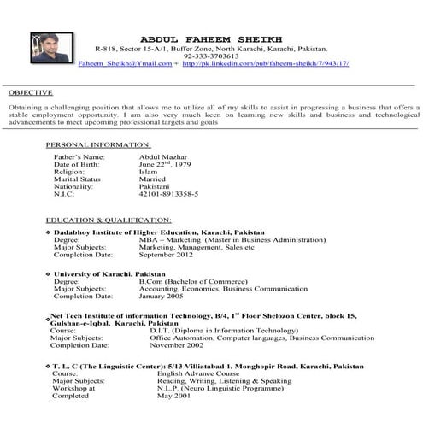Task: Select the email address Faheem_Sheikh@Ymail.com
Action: point(124,64)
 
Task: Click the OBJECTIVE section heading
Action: point(31,92)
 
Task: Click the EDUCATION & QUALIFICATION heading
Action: point(109,220)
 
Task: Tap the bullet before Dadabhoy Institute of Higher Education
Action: point(47,232)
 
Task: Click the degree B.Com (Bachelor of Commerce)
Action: point(188,280)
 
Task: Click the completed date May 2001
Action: point(173,396)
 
